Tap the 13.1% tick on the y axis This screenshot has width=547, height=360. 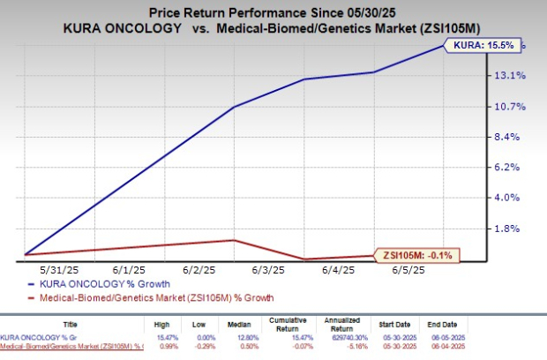513,76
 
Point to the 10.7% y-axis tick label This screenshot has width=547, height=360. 513,107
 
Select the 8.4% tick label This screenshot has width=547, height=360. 513,137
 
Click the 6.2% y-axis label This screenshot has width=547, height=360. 513,167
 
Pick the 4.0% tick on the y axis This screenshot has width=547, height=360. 513,198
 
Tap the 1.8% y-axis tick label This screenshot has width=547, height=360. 513,228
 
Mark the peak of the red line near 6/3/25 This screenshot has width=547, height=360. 233,240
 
